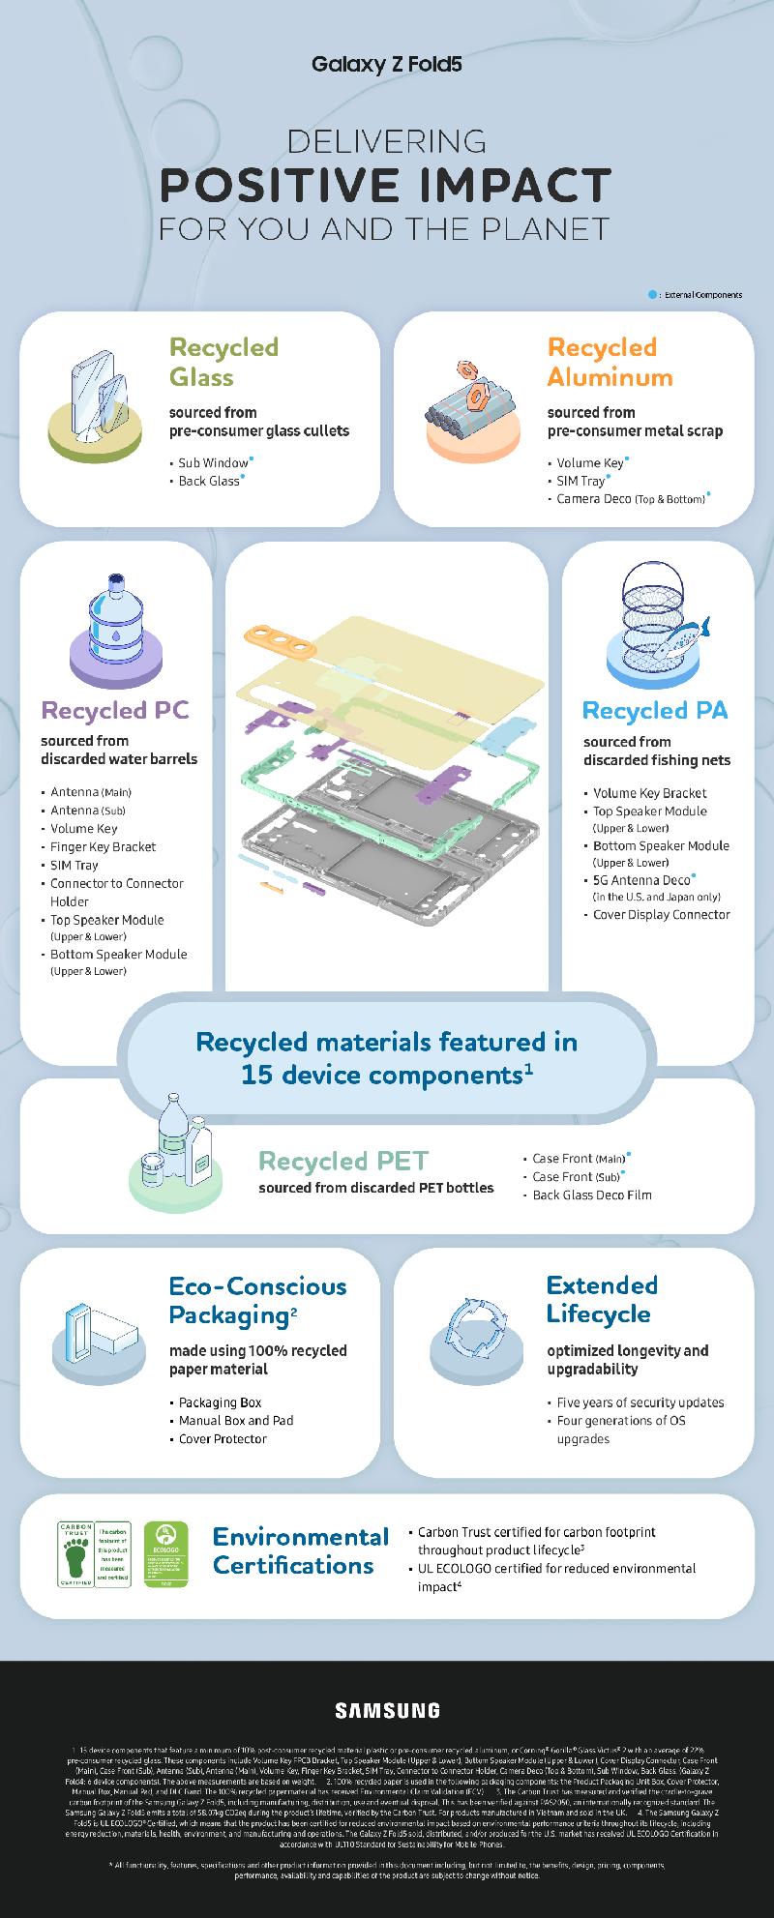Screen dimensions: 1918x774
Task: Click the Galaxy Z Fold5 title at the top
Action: (x=387, y=65)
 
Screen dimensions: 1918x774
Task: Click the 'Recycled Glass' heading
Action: (x=223, y=361)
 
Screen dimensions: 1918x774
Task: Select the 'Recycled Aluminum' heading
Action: (x=610, y=361)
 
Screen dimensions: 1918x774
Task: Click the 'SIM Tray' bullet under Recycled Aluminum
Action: (x=580, y=481)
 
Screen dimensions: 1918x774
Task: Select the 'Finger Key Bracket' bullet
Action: (x=103, y=846)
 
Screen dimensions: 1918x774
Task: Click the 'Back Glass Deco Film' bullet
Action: (x=592, y=1195)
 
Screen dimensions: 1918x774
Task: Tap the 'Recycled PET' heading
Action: (x=343, y=1161)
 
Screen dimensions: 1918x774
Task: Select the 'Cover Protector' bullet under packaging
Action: (x=223, y=1439)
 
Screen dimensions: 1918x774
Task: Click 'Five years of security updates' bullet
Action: (x=640, y=1402)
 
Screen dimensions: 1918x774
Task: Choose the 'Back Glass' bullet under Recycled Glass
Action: (x=209, y=481)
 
